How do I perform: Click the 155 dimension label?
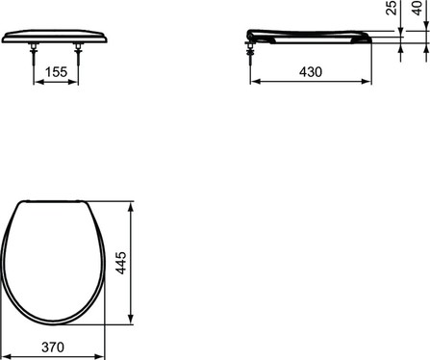[x=56, y=72]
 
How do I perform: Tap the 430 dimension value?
[x=311, y=72]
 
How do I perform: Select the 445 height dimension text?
[x=121, y=263]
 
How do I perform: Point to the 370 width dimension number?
[x=53, y=347]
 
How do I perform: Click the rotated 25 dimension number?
[x=392, y=8]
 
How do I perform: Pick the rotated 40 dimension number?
[x=417, y=8]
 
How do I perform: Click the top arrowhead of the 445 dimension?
[x=130, y=207]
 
